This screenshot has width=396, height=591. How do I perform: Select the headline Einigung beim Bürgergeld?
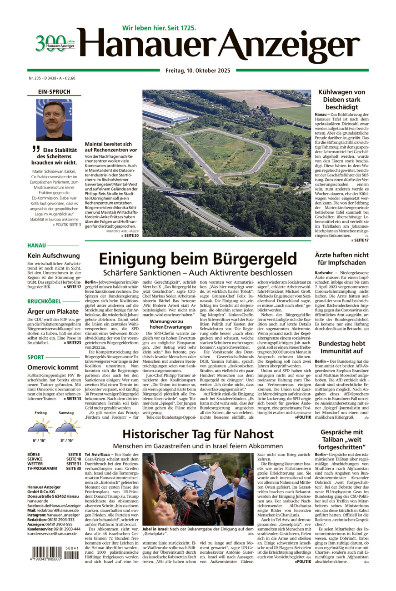pos(197,259)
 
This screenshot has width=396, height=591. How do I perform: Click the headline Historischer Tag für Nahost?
pos(198,434)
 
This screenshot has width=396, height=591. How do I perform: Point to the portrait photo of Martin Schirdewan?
pos(54,120)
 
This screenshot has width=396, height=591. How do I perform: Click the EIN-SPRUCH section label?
pos(55,92)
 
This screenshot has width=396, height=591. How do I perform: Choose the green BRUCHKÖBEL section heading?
pos(44,301)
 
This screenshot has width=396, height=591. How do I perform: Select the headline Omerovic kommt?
pos(53,367)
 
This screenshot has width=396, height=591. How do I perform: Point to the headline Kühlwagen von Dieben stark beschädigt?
pos(341,100)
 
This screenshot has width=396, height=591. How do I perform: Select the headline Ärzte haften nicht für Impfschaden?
pos(341,259)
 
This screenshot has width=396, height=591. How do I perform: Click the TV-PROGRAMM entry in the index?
pos(42,468)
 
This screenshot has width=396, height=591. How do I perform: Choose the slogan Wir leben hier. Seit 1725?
pos(159,28)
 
